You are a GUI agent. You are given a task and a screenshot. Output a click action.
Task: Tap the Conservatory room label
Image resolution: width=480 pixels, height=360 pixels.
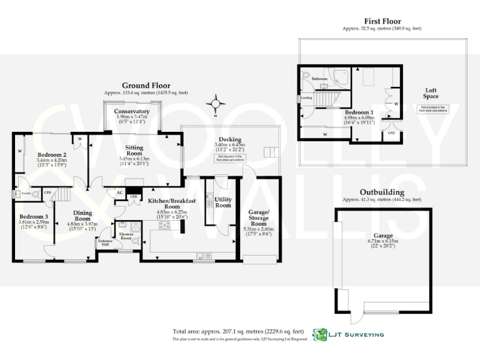(131, 112)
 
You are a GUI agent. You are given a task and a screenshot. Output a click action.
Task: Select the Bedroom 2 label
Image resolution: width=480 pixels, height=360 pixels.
(51, 154)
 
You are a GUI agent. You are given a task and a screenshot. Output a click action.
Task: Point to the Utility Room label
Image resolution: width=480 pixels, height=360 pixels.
(223, 202)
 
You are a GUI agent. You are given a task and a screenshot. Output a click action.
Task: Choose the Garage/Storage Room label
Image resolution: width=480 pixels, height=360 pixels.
(259, 218)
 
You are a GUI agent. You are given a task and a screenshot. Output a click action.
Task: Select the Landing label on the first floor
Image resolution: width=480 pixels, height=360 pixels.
(306, 98)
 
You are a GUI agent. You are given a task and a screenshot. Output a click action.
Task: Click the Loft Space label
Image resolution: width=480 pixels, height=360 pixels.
(431, 92)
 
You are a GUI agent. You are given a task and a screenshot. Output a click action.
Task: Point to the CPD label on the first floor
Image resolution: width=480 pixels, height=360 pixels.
(391, 133)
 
